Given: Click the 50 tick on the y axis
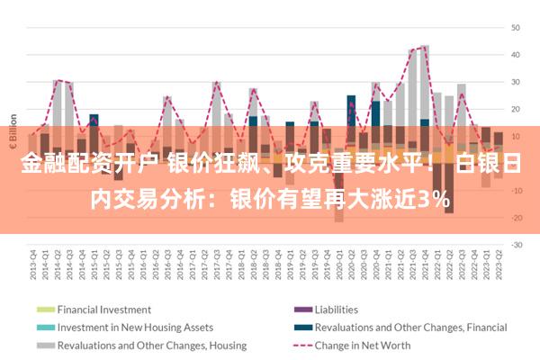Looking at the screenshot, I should coord(517,28).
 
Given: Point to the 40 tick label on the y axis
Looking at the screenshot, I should coord(517,55).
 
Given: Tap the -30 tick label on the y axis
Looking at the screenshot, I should coord(517,245).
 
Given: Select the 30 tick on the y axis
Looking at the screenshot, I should coord(517,82).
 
